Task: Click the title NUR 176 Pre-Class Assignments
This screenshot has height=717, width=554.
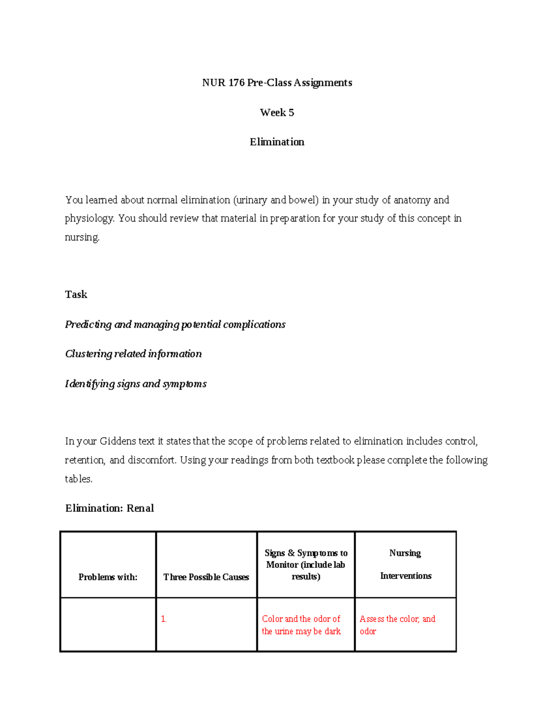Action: pyautogui.click(x=277, y=83)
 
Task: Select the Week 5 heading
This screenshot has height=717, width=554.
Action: pyautogui.click(x=277, y=113)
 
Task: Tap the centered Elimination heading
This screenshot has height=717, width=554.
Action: pyautogui.click(x=277, y=142)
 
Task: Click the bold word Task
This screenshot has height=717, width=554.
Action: pyautogui.click(x=76, y=295)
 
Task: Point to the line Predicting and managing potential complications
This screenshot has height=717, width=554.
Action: pyautogui.click(x=175, y=325)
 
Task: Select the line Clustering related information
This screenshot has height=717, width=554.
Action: pyautogui.click(x=133, y=354)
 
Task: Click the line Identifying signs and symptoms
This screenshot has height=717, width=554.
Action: pyautogui.click(x=136, y=384)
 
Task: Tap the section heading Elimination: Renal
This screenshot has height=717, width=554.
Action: pyautogui.click(x=109, y=508)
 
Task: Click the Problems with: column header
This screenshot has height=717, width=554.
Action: pyautogui.click(x=108, y=577)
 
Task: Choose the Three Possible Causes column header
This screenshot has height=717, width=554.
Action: pyautogui.click(x=206, y=577)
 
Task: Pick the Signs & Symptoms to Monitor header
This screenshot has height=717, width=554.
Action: pyautogui.click(x=306, y=565)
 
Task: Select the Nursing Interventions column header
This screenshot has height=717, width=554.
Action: pyautogui.click(x=405, y=564)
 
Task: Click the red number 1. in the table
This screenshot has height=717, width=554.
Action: pyautogui.click(x=164, y=619)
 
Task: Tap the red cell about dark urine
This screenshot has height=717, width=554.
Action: pyautogui.click(x=301, y=625)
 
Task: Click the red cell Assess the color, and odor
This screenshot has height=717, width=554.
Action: pyautogui.click(x=397, y=625)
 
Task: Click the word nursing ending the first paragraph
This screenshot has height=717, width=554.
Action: pyautogui.click(x=82, y=237)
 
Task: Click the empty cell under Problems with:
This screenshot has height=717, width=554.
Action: pyautogui.click(x=108, y=625)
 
